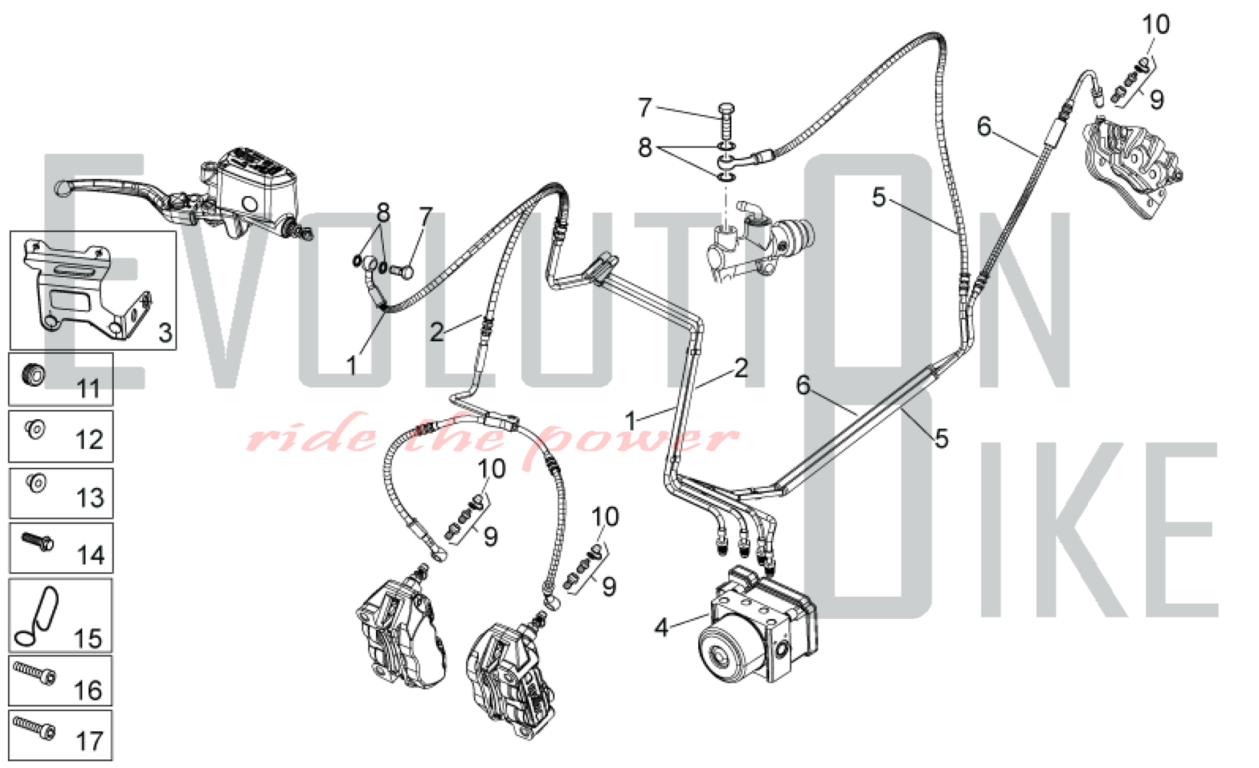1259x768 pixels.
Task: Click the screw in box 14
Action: coord(38,541)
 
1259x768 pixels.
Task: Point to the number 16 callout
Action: coord(88,691)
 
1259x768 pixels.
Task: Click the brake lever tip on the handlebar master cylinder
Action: coord(61,188)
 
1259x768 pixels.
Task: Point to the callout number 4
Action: coord(660,628)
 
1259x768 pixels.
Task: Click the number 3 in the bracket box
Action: coord(165,332)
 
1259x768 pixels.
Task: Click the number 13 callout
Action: coord(89,497)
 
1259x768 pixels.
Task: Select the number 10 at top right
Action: coord(1155,25)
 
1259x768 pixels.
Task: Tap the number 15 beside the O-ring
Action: coord(88,638)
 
